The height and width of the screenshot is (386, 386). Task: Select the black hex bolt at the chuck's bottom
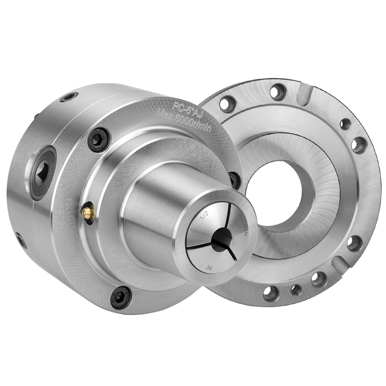point(121,297)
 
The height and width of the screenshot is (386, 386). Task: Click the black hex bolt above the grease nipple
point(99,140)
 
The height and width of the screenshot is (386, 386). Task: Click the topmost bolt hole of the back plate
point(278,92)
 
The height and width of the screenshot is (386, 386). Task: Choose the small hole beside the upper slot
point(345,124)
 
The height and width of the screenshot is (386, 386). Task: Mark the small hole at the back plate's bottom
point(296,290)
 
